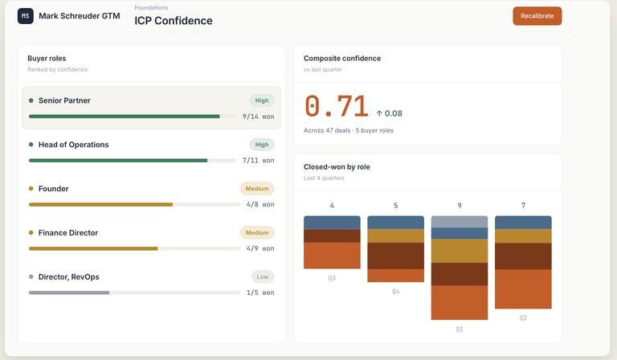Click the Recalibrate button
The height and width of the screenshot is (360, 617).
[537, 16]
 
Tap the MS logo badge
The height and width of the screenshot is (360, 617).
[26, 15]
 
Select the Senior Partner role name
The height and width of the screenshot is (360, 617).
[64, 100]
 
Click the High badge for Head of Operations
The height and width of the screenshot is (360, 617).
[261, 145]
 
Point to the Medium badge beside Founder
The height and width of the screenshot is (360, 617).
[257, 189]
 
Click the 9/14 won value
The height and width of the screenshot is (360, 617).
[258, 117]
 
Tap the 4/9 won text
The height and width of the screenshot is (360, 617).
[259, 248]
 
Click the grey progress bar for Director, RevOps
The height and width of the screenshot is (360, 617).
[69, 292]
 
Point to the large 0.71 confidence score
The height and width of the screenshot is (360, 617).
[336, 107]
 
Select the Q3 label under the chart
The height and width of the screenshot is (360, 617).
[332, 278]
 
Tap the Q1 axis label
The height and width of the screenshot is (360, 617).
[460, 329]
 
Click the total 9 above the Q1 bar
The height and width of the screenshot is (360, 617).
[460, 206]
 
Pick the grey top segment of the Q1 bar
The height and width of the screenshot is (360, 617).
[460, 222]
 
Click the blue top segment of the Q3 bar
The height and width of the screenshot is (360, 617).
[332, 223]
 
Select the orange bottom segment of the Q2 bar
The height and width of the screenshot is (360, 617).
[523, 289]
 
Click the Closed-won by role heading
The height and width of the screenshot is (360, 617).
[337, 167]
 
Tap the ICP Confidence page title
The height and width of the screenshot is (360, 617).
[174, 21]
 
